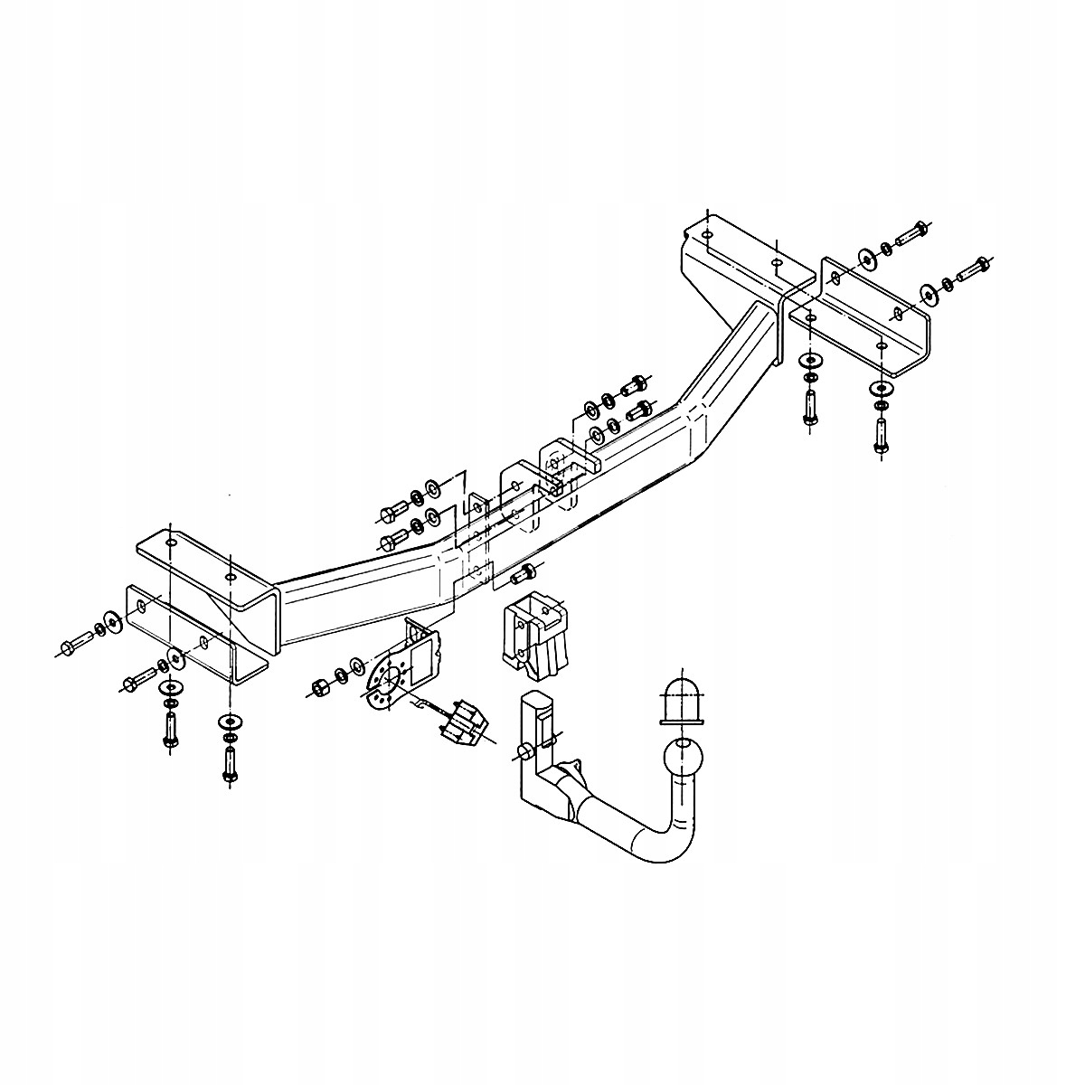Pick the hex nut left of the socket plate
pos(318,688)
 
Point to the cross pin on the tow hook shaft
pos(523,752)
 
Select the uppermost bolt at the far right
pos(914,232)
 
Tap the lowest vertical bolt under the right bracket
pos(880,436)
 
